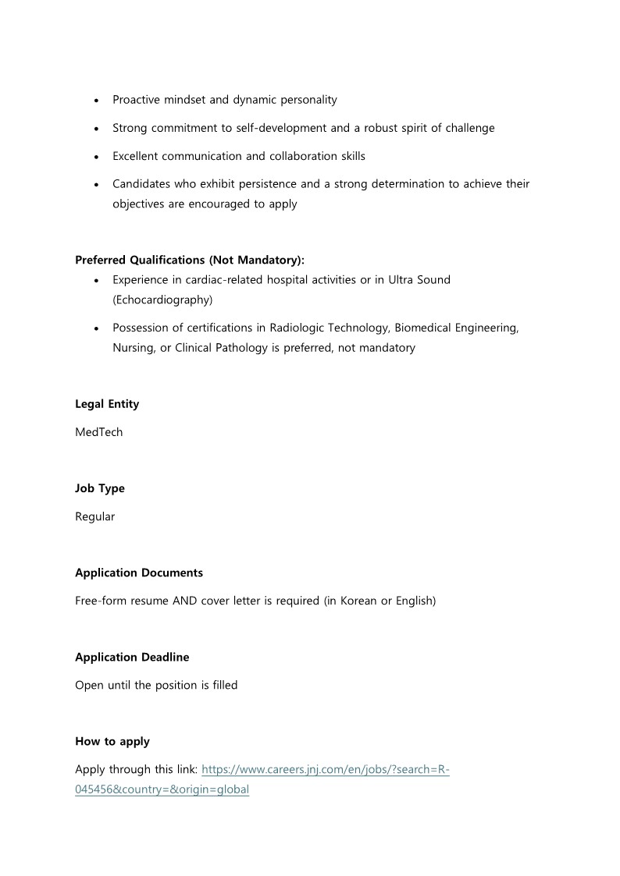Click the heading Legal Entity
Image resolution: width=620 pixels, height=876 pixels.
click(107, 404)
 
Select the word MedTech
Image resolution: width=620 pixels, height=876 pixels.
click(98, 432)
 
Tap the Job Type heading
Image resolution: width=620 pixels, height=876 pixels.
click(100, 488)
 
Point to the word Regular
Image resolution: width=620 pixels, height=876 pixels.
click(94, 516)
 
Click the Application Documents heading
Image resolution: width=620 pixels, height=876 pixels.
click(139, 573)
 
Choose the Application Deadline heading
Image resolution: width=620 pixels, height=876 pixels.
click(132, 657)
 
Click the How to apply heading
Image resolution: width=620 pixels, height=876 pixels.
click(112, 741)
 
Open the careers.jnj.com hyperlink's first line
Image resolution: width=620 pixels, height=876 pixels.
click(326, 769)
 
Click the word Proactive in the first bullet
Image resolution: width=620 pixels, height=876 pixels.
click(137, 100)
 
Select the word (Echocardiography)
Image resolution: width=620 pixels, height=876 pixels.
click(162, 299)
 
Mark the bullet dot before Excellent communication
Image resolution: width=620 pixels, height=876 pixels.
click(96, 157)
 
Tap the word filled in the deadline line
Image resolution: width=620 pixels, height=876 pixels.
click(223, 685)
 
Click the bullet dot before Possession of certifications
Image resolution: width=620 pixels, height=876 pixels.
click(96, 328)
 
